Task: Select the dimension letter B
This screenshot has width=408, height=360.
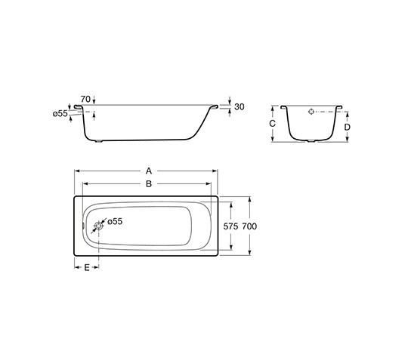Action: coord(148,183)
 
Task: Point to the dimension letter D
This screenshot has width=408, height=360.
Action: coord(347,127)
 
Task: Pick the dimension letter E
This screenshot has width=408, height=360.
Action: coord(87,268)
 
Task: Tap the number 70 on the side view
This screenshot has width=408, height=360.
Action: coord(85,99)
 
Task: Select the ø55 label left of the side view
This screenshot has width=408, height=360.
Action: coord(61,113)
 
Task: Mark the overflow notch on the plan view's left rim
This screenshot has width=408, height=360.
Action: coord(82,225)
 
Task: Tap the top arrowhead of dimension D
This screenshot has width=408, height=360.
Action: coord(347,112)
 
